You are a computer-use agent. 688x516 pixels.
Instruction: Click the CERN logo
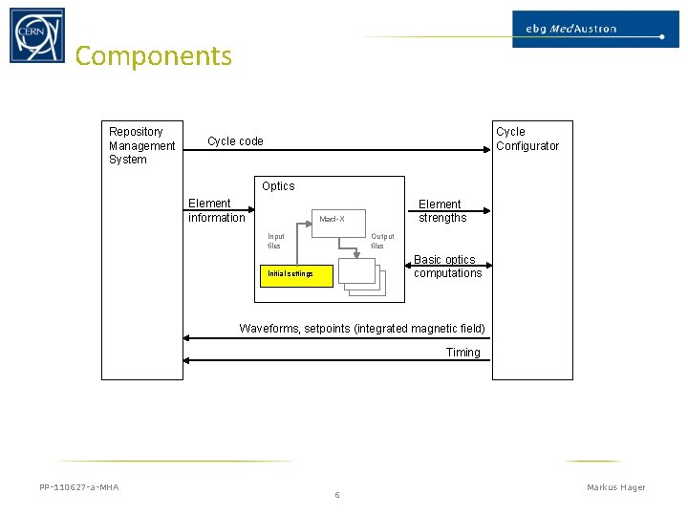[37, 35]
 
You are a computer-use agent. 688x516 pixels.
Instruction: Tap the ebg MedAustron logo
[589, 29]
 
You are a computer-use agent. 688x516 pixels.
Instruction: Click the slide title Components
[153, 56]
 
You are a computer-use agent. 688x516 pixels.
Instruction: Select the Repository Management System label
[141, 145]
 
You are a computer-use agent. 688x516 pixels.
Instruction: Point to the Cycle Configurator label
[527, 139]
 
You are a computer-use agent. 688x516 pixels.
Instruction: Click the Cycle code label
[235, 141]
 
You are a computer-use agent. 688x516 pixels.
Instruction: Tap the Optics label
[278, 186]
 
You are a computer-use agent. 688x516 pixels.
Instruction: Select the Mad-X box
[332, 220]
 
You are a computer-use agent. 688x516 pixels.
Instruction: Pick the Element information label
[216, 210]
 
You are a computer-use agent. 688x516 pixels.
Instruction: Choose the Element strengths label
[441, 211]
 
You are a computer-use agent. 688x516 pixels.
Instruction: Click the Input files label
[276, 241]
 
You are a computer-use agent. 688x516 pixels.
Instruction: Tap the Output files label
[381, 241]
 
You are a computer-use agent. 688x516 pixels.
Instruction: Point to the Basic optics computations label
[447, 267]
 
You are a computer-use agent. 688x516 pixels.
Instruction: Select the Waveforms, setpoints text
[362, 329]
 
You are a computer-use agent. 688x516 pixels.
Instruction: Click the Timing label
[463, 353]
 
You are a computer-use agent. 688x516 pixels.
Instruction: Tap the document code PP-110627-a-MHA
[79, 487]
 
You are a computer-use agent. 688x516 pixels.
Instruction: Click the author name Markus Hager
[615, 487]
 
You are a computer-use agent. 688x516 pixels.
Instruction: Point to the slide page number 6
[337, 495]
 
